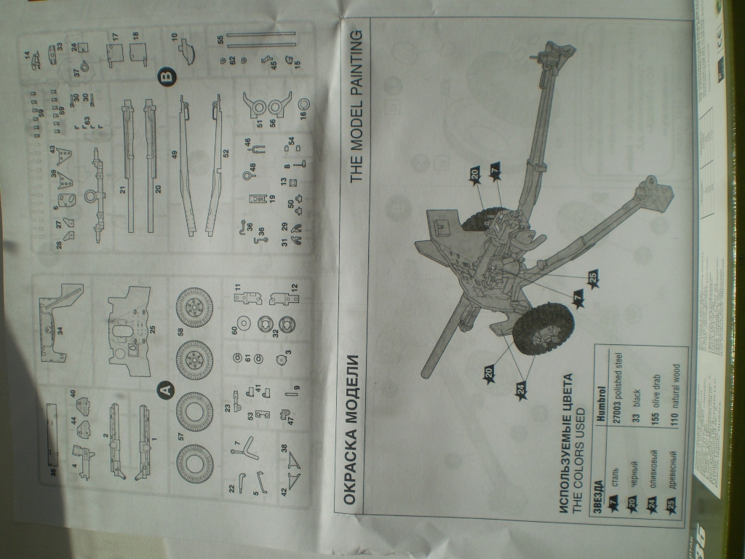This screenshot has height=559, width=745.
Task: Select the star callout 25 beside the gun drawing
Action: (593, 279)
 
